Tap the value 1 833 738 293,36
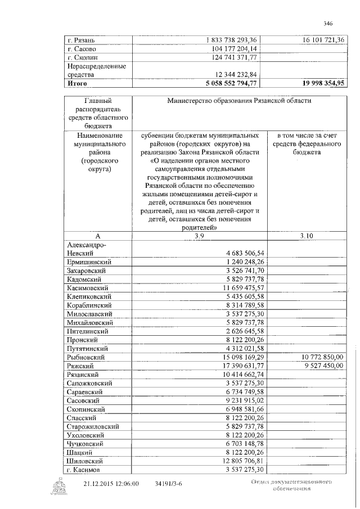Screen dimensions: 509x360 click(231, 40)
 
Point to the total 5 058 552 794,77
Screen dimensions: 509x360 click(230, 83)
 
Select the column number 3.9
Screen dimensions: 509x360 click(199, 236)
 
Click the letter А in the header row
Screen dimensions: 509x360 click(97, 236)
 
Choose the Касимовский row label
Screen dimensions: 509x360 click(89, 287)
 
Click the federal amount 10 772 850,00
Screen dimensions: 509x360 click(322, 357)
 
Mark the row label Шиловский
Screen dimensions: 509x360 click(86, 461)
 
